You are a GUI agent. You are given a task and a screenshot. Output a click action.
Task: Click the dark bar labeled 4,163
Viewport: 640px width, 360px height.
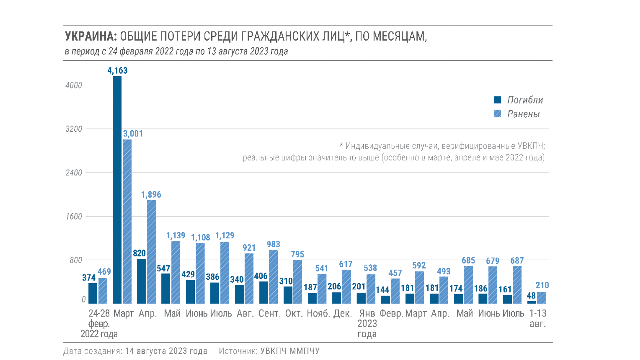click(x=117, y=190)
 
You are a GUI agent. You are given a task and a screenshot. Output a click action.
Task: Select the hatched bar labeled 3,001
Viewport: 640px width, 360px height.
click(x=127, y=222)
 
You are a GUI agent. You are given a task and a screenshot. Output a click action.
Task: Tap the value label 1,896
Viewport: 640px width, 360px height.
click(x=151, y=195)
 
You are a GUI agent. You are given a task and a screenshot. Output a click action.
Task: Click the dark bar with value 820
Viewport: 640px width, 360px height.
click(x=141, y=281)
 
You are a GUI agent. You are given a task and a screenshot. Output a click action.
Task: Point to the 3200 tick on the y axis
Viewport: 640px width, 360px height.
click(x=74, y=129)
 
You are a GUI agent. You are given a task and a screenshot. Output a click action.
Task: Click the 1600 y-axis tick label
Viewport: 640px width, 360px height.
click(x=74, y=217)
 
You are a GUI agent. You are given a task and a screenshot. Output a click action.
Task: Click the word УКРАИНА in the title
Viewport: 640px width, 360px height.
click(x=90, y=36)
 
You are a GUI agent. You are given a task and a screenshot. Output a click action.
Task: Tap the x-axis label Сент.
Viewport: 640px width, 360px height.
click(x=269, y=314)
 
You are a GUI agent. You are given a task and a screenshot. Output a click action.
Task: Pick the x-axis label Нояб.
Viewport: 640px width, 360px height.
click(x=318, y=314)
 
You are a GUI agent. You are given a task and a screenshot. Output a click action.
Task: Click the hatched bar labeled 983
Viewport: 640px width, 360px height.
click(x=273, y=277)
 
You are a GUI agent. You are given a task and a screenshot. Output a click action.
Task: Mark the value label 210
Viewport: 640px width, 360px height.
click(x=542, y=285)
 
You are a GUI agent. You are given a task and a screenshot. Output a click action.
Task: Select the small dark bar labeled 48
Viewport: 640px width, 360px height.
click(x=532, y=302)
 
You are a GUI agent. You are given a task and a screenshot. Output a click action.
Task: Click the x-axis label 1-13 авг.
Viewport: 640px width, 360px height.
click(x=538, y=318)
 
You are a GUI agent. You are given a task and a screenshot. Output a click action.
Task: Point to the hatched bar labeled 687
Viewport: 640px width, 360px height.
click(x=517, y=285)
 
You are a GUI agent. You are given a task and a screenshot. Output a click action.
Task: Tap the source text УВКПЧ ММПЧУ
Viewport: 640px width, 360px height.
click(x=290, y=351)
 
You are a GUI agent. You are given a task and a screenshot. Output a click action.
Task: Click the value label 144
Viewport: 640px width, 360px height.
click(x=383, y=290)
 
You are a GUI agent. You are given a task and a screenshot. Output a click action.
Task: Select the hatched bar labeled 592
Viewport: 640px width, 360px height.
click(x=419, y=287)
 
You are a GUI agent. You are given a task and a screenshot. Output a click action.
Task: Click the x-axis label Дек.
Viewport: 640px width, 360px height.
click(x=343, y=314)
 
